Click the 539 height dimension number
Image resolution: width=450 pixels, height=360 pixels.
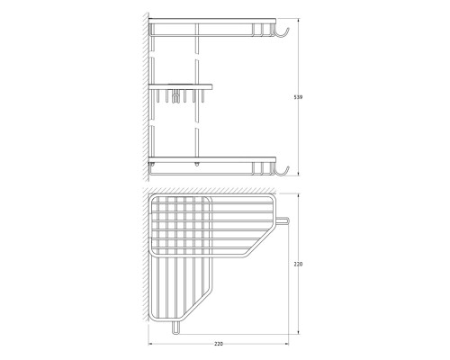click(298, 97)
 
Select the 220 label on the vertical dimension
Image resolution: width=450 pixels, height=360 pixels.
click(298, 264)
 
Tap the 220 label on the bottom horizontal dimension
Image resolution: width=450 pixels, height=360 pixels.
click(219, 344)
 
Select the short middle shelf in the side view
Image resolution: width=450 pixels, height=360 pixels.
click(181, 87)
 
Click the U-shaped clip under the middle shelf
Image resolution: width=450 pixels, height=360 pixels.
click(175, 96)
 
